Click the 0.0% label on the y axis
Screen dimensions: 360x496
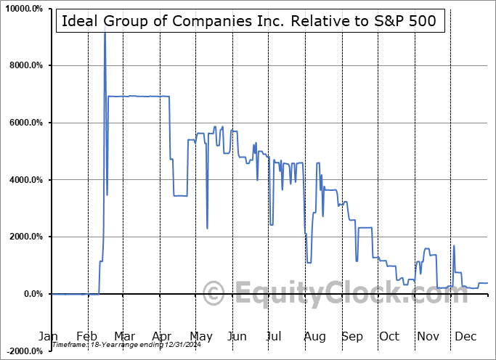36,294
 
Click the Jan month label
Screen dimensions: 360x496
48,336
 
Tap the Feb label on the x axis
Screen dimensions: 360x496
86,336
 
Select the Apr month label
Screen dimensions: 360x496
162,336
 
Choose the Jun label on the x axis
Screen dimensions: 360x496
237,336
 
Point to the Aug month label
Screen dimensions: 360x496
314,336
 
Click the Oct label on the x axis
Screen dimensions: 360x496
389,336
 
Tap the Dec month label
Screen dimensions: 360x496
465,336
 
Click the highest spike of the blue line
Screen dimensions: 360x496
105,33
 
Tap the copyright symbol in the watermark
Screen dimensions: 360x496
214,294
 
